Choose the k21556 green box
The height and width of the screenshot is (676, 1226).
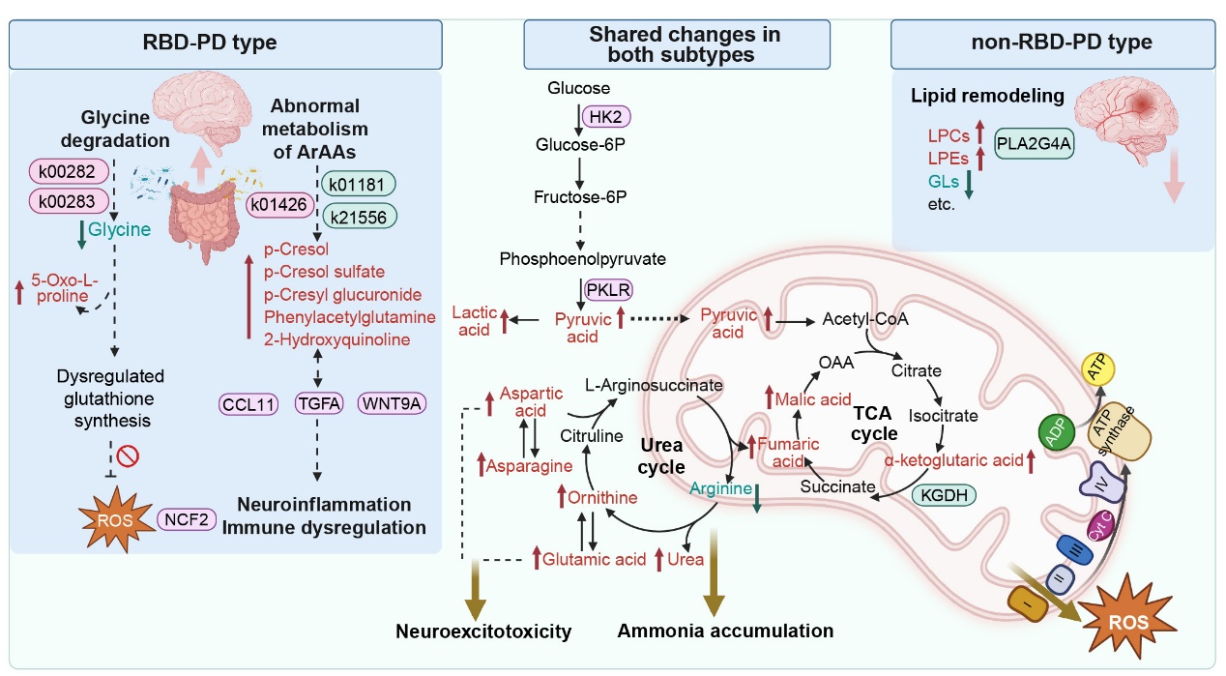click(357, 217)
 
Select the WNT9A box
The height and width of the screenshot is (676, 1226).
click(393, 402)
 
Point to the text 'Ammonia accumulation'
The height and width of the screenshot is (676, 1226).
click(725, 631)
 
